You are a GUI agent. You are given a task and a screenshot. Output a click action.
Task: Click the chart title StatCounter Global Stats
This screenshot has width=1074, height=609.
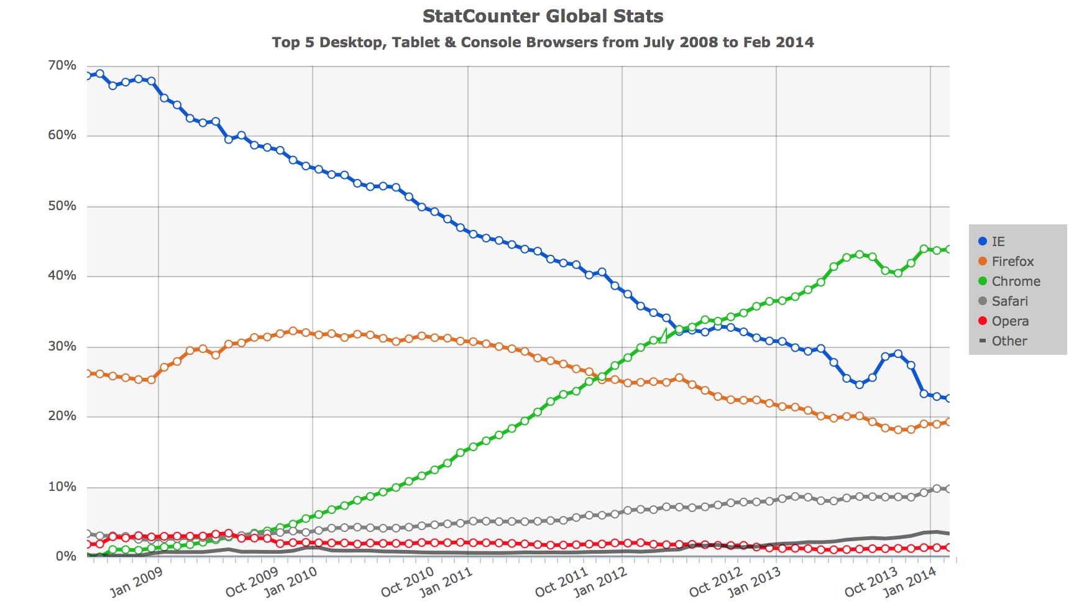pos(543,16)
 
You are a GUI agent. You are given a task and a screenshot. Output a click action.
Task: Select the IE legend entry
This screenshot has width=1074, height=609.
pos(991,241)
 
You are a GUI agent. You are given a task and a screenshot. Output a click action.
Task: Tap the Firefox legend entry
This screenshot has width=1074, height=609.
pos(1006,261)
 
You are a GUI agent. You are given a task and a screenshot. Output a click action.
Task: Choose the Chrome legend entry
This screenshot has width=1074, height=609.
pos(1009,281)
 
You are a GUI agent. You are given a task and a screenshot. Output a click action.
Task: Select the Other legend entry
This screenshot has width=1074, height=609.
pos(1003,341)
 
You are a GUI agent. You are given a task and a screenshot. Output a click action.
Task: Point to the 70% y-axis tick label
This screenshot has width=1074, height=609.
pos(62,65)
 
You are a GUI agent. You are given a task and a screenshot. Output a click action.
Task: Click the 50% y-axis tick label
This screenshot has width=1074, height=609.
pos(62,206)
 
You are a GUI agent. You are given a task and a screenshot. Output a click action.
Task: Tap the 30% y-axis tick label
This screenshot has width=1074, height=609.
pos(62,346)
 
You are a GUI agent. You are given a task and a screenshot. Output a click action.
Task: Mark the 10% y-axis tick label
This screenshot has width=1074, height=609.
pos(62,487)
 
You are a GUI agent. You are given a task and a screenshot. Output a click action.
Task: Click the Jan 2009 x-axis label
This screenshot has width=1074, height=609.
pos(136,582)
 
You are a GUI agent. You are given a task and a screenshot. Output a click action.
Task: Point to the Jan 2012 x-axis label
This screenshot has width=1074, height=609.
pos(600,582)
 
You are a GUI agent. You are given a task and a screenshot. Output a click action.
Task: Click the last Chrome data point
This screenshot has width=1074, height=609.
pos(949,249)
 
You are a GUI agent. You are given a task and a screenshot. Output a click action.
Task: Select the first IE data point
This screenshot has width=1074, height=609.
pos(88,75)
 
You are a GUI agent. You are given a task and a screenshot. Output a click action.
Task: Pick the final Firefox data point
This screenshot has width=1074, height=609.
pos(949,422)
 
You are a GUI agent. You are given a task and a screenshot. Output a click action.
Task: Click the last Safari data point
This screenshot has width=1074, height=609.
pos(949,489)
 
